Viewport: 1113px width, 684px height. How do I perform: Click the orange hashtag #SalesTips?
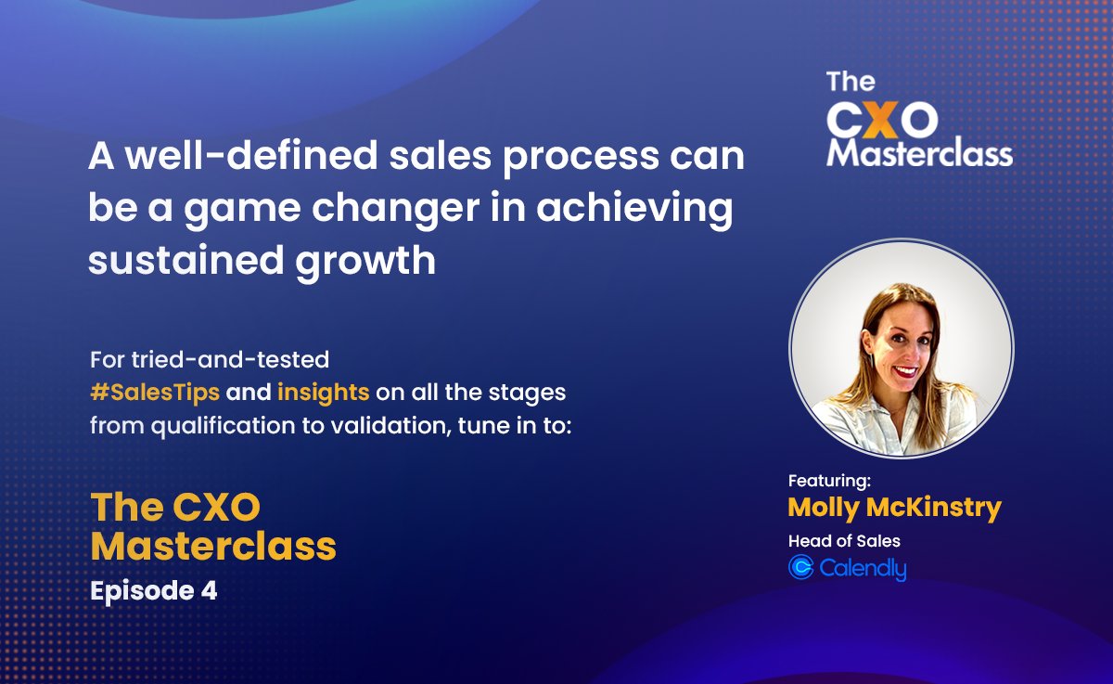coord(154,392)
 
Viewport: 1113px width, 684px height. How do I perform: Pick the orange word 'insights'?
coord(324,392)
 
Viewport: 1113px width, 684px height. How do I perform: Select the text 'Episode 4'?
coord(153,591)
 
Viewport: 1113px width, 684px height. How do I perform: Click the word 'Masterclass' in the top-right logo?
coord(919,153)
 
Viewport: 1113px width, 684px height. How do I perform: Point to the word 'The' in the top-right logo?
coord(851,82)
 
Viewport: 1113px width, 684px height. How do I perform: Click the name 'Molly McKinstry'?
coord(894,508)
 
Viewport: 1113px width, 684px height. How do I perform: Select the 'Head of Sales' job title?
coord(844,541)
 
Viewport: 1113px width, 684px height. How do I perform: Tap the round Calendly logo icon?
coord(800,567)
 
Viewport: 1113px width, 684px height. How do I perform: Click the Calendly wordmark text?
coord(863,568)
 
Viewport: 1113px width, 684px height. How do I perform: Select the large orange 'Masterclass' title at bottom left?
coord(213,547)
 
